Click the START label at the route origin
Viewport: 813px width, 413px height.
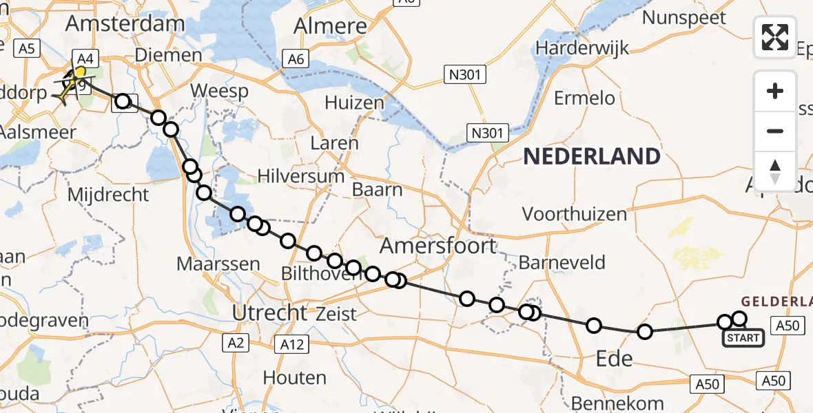click(x=743, y=338)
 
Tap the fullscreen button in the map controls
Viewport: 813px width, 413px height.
click(x=775, y=36)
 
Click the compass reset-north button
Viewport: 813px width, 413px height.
click(x=775, y=171)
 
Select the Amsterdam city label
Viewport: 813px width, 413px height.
click(x=125, y=23)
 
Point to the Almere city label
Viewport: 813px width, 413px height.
click(x=330, y=26)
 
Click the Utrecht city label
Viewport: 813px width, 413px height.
click(x=269, y=313)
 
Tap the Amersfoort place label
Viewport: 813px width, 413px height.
click(x=438, y=246)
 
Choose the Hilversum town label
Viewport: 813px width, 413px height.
click(x=301, y=176)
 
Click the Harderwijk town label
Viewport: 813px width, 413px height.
click(x=582, y=48)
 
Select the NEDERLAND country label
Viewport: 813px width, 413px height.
click(x=591, y=156)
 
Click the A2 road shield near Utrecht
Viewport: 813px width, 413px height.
click(x=236, y=342)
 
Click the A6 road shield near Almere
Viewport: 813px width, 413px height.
click(x=296, y=59)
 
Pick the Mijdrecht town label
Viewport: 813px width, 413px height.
click(x=107, y=195)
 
